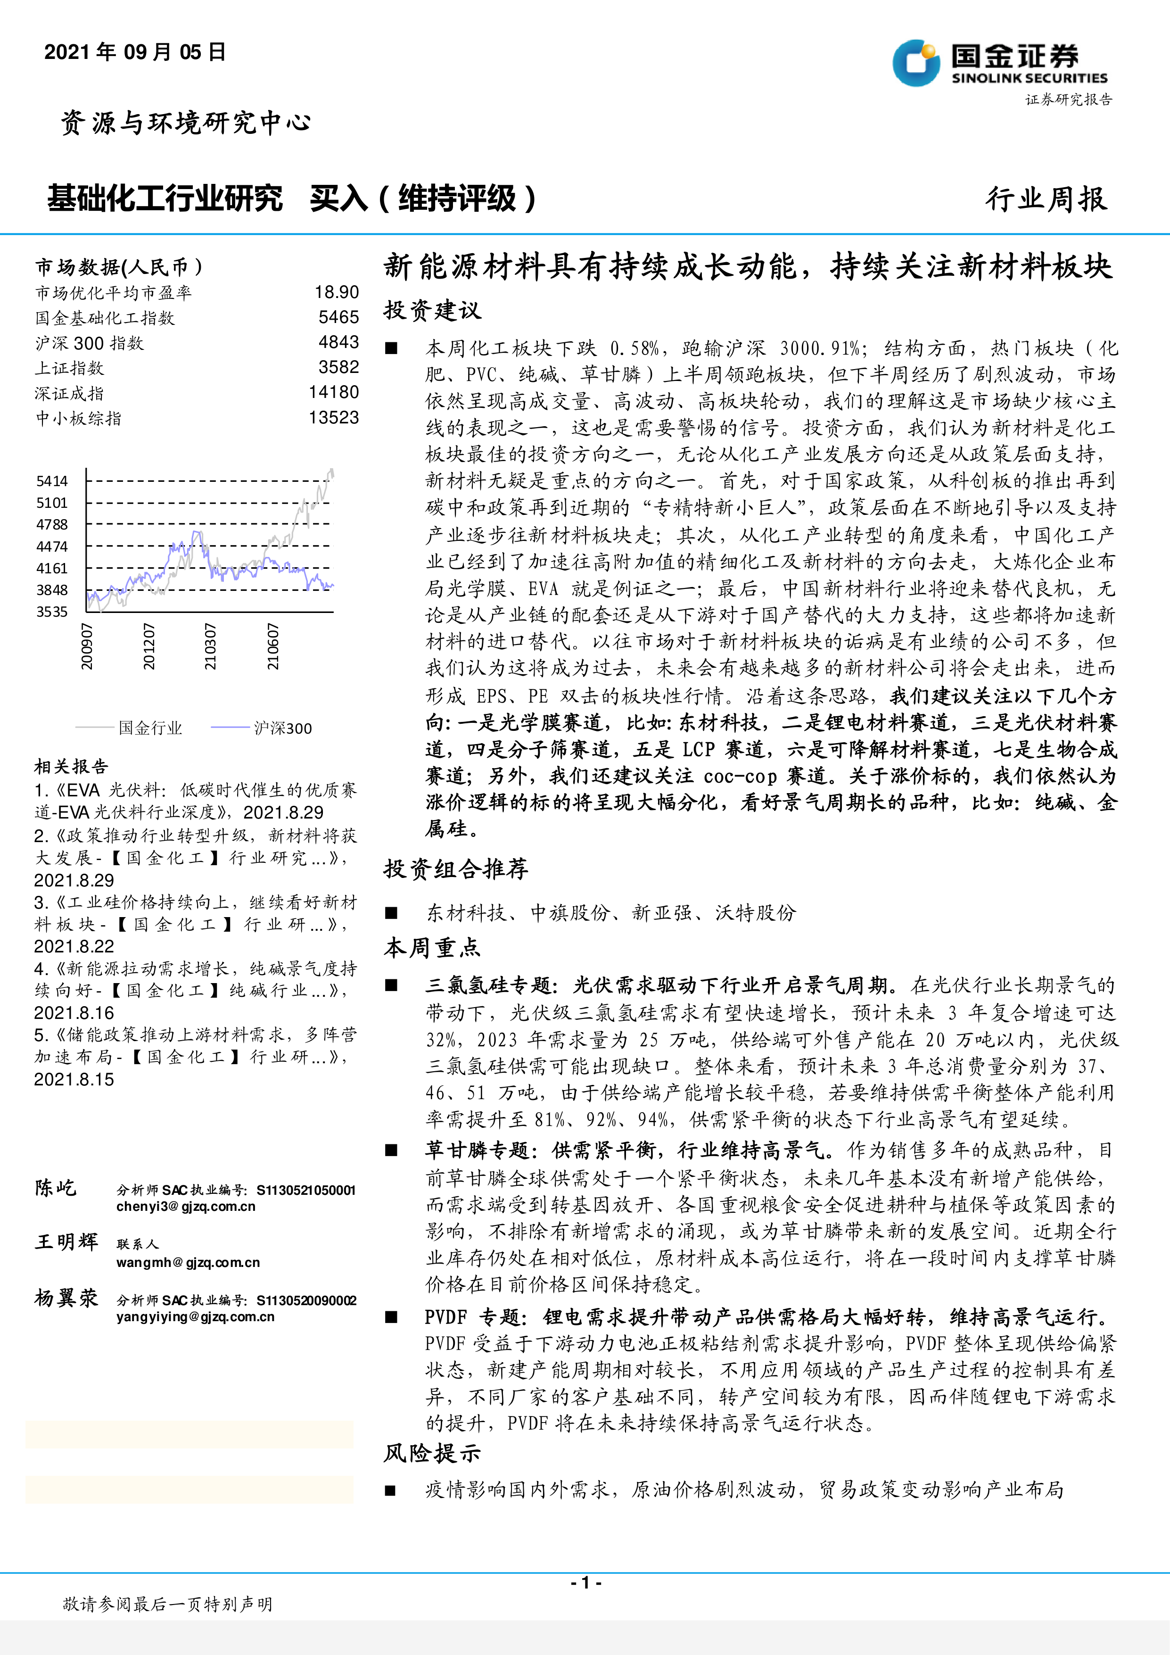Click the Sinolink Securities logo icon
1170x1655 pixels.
coord(916,63)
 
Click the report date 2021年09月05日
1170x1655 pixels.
coord(135,52)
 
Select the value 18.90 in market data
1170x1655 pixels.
coord(337,292)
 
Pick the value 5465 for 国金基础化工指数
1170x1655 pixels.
coord(338,317)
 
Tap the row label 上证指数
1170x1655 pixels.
coord(70,368)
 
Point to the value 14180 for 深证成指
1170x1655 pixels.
coord(334,392)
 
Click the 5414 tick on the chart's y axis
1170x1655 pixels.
coord(52,481)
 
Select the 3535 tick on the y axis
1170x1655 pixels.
coord(52,612)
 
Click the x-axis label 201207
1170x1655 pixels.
coord(148,646)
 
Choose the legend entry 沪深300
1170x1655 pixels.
coord(282,728)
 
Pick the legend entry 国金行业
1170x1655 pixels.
coord(150,728)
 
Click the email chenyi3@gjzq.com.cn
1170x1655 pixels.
coord(186,1207)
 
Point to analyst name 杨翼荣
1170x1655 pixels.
coord(66,1298)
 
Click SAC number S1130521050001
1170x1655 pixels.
coord(306,1190)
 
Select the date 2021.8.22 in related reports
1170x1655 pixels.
coord(74,946)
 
